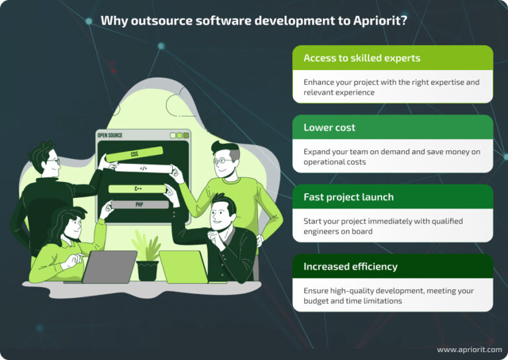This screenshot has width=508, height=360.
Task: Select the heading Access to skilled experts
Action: (361, 58)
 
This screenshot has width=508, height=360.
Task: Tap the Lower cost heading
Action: (329, 128)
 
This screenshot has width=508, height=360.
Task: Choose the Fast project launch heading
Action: (348, 197)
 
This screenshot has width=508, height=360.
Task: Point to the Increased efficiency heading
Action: (350, 267)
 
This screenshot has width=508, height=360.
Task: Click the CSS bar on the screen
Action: (134, 154)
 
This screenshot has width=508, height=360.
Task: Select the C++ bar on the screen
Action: (138, 189)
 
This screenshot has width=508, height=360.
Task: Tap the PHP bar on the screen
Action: (139, 204)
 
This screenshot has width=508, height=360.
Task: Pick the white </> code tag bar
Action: (143, 168)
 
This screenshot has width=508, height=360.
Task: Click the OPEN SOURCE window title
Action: (110, 136)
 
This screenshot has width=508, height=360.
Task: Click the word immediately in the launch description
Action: (388, 222)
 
